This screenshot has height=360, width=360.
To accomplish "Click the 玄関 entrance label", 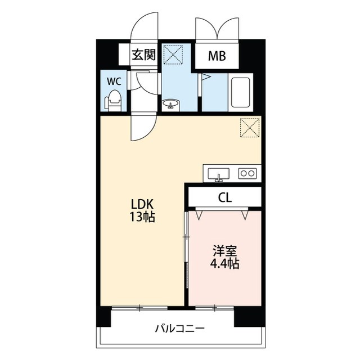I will coord(143,55).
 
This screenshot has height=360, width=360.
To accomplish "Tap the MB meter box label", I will coord(217,56).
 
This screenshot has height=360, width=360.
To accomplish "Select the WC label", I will coord(114,80).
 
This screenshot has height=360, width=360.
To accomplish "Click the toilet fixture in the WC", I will coord(114,100).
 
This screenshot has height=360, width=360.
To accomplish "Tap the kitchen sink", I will coord(219,174).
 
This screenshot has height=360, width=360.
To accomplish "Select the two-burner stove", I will coord(247,173).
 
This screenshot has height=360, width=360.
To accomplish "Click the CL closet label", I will coord(225,197).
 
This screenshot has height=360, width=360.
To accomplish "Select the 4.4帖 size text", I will coord(225,263).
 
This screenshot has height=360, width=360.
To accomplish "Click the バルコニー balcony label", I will coord(180,329).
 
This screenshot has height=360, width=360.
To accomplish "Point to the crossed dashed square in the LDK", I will coord(249,128).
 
